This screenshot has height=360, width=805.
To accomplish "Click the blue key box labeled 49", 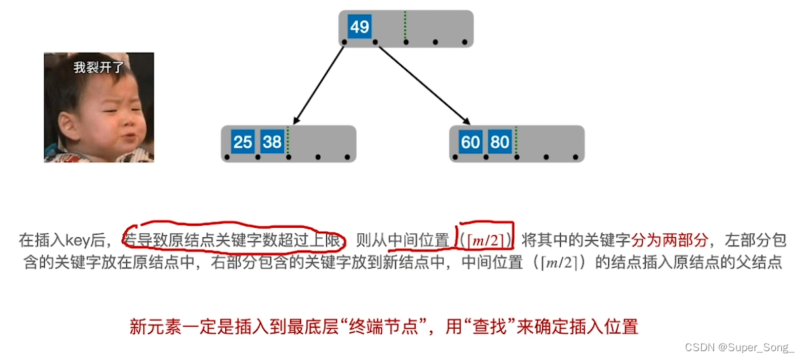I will point(359,27).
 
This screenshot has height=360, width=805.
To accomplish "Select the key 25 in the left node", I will point(243,142).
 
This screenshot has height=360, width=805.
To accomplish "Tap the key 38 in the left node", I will point(273,142).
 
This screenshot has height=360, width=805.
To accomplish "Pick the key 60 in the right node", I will point(471,142).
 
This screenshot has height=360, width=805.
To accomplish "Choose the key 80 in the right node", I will point(500,142).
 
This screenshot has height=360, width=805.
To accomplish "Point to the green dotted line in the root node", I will point(405,27).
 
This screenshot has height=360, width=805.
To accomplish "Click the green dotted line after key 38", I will point(288,141).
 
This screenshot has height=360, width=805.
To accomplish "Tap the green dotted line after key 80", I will point(515,141).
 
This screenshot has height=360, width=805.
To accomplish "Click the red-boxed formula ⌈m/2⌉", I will point(485,240).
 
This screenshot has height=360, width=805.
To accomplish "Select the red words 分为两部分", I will point(669,240).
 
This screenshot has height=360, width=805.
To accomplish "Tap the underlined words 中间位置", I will point(418,240).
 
